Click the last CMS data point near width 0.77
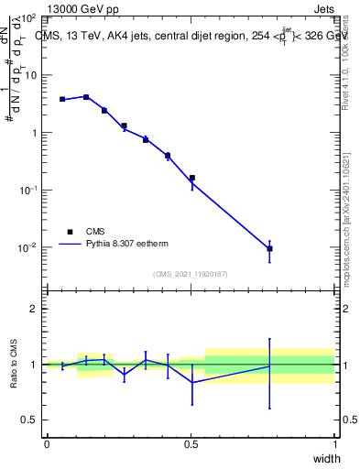point(269,248)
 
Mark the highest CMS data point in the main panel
point(86,96)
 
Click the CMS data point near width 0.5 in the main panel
point(191,178)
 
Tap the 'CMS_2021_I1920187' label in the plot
point(191,274)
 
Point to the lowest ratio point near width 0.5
point(191,382)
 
